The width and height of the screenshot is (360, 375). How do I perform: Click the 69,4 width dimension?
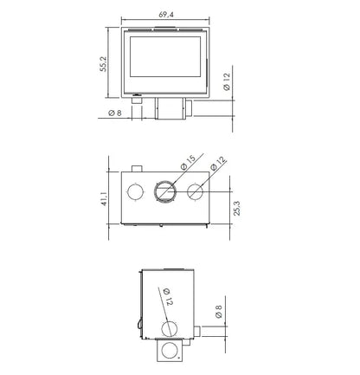pyautogui.click(x=166, y=15)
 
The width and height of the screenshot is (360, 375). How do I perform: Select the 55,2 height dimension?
pyautogui.click(x=103, y=64)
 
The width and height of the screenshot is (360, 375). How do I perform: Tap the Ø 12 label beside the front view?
pyautogui.click(x=227, y=81)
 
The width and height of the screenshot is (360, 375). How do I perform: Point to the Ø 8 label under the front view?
pyautogui.click(x=115, y=113)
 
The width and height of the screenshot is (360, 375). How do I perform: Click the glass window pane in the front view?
pyautogui.click(x=165, y=56)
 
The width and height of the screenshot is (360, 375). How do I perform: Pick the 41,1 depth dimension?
pyautogui.click(x=104, y=199)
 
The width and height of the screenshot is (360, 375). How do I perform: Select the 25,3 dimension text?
pyautogui.click(x=237, y=208)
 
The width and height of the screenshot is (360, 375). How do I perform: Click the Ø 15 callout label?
pyautogui.click(x=188, y=163)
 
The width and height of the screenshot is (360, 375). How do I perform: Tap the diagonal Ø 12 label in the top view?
pyautogui.click(x=218, y=164)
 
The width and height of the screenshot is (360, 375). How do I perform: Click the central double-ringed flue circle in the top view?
pyautogui.click(x=165, y=191)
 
